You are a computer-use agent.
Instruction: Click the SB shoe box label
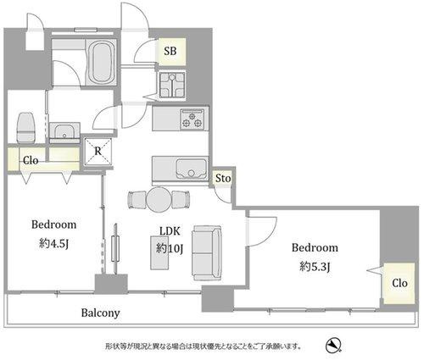(170, 51)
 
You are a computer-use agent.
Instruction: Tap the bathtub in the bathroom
(101, 62)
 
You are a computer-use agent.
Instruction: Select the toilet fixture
(26, 127)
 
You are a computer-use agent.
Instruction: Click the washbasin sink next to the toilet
(64, 133)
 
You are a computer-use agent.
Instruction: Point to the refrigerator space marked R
(98, 152)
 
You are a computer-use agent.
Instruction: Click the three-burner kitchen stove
(192, 119)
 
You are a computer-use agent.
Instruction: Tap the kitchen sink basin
(192, 169)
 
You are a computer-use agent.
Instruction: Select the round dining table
(159, 199)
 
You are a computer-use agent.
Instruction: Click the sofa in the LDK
(207, 252)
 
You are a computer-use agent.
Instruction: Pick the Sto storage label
(223, 179)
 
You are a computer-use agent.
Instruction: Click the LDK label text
(170, 231)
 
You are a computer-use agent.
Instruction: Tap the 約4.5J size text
(53, 243)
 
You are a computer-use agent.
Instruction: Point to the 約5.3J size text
(315, 267)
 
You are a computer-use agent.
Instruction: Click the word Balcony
(100, 313)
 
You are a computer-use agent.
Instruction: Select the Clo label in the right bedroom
(399, 283)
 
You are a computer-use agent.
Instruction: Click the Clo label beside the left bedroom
(31, 161)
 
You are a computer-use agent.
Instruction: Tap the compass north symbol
(333, 346)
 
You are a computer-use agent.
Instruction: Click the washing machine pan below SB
(172, 85)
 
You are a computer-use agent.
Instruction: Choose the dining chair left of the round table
(137, 200)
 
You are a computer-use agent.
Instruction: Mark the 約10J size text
(170, 249)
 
